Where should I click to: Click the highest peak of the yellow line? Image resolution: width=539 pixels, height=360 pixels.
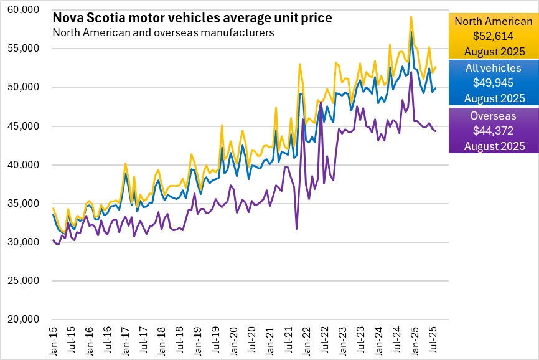(411, 16)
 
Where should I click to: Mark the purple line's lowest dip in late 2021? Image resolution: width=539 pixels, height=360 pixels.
(297, 229)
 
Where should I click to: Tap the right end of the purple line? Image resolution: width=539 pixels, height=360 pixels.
(436, 131)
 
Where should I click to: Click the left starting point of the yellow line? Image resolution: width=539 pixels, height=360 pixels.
(53, 209)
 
